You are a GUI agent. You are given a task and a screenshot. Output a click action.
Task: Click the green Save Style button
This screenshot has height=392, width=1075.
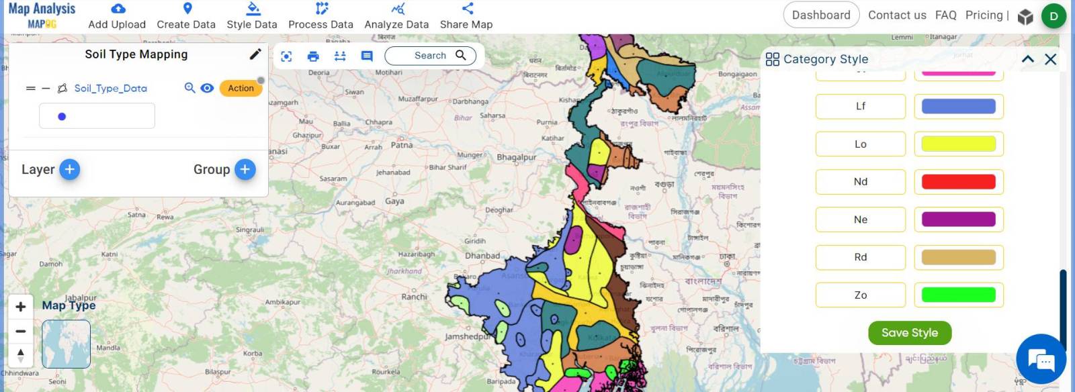[x=909, y=333]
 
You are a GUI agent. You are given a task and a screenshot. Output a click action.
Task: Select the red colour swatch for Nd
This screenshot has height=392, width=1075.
[x=958, y=182]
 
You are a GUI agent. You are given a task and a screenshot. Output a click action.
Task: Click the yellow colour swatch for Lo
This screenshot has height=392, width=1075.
[x=958, y=144]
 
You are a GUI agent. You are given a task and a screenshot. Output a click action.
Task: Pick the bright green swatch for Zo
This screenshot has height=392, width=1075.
[x=958, y=295]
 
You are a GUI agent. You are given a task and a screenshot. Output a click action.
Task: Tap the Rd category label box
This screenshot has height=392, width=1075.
[x=860, y=257]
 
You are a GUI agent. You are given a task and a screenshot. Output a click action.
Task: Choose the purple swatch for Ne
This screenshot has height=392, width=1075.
[x=958, y=219]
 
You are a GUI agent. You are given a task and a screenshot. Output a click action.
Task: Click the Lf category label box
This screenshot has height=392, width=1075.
[x=860, y=106]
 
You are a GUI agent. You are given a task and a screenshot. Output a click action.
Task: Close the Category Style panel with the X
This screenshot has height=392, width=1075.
[x=1051, y=59]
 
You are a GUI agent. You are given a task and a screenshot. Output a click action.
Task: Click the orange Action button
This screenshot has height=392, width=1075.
[x=241, y=88]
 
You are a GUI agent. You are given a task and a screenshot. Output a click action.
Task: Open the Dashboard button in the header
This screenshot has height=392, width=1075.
[x=820, y=15]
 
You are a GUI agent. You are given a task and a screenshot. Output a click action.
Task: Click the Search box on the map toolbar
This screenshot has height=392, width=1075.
[x=431, y=56]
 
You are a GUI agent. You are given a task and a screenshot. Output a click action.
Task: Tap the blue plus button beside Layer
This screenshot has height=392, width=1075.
[x=70, y=169]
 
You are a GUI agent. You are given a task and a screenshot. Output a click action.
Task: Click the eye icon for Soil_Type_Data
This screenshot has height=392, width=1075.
[x=207, y=88]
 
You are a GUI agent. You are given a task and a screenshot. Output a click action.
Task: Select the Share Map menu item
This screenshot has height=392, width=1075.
[x=466, y=16]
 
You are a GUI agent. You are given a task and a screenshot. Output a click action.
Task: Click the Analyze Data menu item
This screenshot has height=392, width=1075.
[x=396, y=16]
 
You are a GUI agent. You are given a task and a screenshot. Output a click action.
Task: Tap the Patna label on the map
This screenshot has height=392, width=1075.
[x=402, y=145]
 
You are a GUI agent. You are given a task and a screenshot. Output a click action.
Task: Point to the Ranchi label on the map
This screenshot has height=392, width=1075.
[x=414, y=297]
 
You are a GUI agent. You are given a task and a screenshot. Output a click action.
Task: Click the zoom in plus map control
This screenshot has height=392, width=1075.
[x=21, y=307]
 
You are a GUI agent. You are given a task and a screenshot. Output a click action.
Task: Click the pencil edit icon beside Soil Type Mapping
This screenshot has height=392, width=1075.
[x=255, y=54]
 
